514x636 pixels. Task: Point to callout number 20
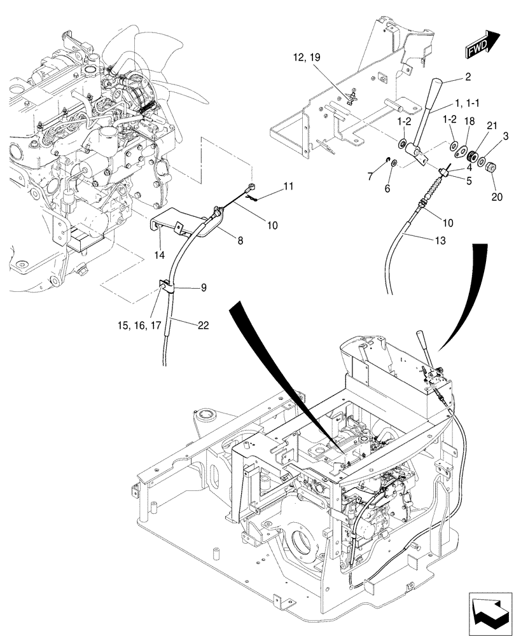tap(497, 198)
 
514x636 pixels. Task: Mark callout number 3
tap(505, 136)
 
